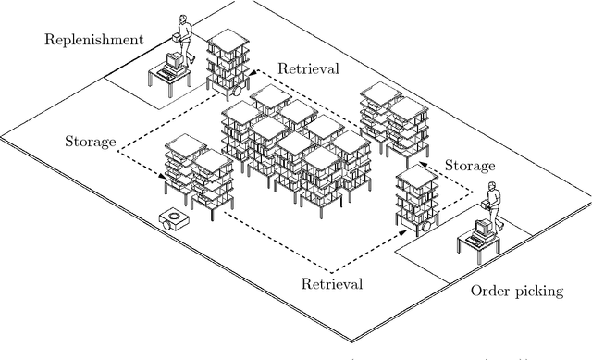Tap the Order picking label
click(x=517, y=291)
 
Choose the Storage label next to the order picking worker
click(x=471, y=166)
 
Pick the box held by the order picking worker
click(x=485, y=206)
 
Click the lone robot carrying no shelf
click(x=173, y=219)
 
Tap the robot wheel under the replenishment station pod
click(x=237, y=93)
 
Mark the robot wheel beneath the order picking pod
click(x=426, y=223)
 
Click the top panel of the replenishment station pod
click(x=228, y=40)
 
